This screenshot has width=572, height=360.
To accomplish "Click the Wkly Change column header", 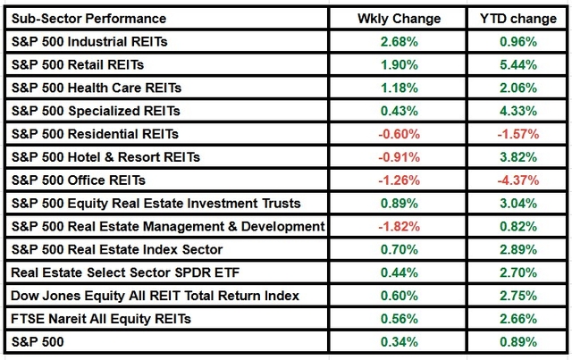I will (399, 18).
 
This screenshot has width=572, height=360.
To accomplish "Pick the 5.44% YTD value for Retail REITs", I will (518, 64).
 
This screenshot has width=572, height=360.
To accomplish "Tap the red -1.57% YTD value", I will (518, 134).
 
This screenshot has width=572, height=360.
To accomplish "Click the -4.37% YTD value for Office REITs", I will (518, 180).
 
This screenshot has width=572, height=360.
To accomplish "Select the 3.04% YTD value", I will (518, 204).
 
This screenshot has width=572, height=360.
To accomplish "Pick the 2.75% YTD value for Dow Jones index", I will (518, 296).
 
